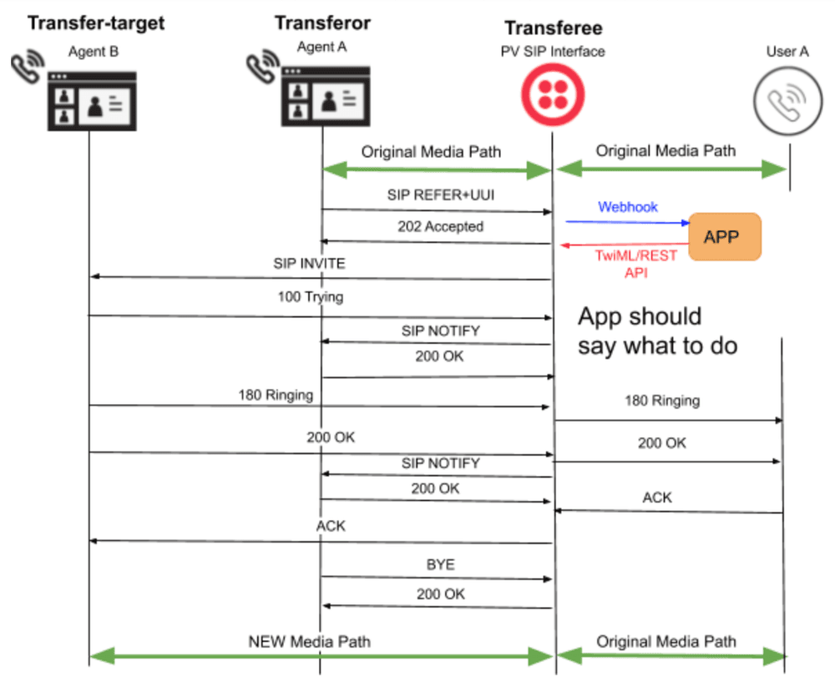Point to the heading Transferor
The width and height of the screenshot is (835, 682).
click(x=322, y=23)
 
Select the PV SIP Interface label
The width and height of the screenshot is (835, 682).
click(x=551, y=52)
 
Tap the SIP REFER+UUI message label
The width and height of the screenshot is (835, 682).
click(x=435, y=194)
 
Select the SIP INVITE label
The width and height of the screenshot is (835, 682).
click(x=309, y=263)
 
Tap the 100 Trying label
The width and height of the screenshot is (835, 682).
click(x=310, y=296)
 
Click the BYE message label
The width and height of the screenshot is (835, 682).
click(x=440, y=564)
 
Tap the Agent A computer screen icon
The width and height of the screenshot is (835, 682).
click(x=322, y=95)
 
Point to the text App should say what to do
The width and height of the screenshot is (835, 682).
click(x=658, y=331)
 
